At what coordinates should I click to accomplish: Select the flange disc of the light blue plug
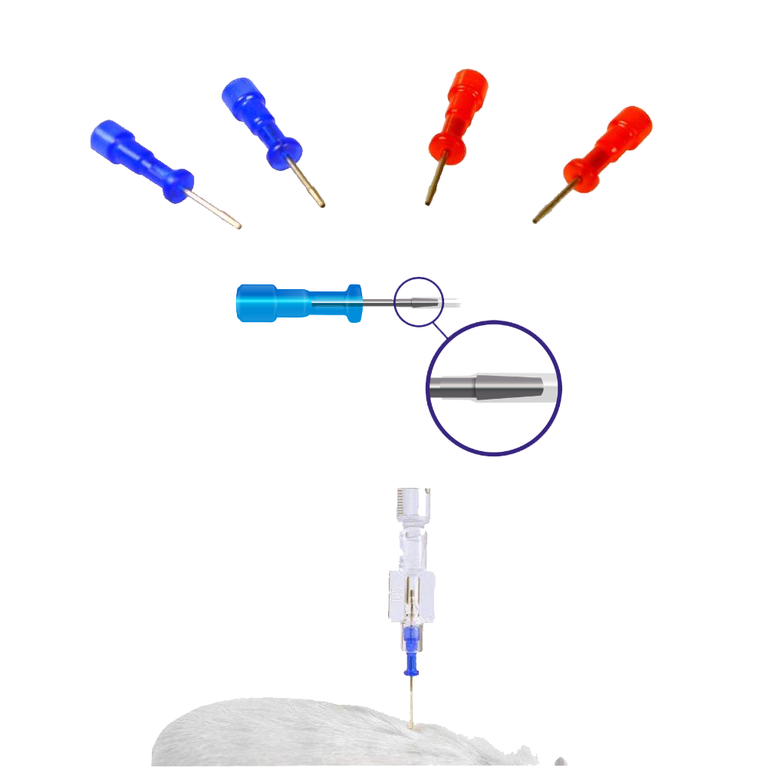[x=354, y=302]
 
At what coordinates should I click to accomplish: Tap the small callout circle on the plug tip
[x=419, y=301]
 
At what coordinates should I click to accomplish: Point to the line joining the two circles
[x=438, y=331]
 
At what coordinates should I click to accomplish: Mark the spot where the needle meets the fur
[x=413, y=724]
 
